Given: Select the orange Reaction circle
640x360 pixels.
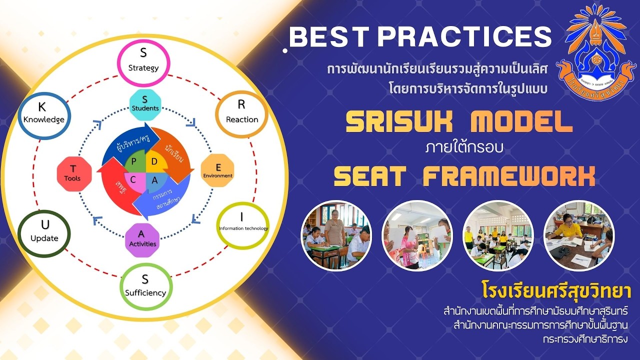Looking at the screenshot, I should pyautogui.click(x=241, y=114).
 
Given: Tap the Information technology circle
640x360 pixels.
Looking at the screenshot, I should pyautogui.click(x=243, y=225).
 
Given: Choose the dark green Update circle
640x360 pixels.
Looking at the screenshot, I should pyautogui.click(x=44, y=233).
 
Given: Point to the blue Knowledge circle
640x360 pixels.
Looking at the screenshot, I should pyautogui.click(x=44, y=115).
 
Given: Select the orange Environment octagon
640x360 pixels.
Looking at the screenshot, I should pyautogui.click(x=218, y=171).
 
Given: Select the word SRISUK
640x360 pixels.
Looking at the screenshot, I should pyautogui.click(x=399, y=121).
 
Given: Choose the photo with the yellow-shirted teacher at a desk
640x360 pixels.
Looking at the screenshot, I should pyautogui.click(x=578, y=235).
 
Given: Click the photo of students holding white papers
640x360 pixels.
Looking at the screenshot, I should pyautogui.click(x=417, y=235).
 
